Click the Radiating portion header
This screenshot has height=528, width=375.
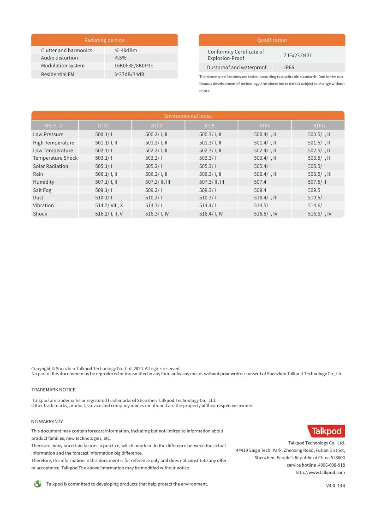click(x=104, y=40)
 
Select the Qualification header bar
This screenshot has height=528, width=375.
click(x=272, y=40)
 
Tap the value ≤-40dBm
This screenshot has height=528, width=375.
click(x=125, y=50)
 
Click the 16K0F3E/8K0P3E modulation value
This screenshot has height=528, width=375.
click(x=134, y=66)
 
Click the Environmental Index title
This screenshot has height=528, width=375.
click(x=188, y=116)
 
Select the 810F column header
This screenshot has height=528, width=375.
click(x=265, y=126)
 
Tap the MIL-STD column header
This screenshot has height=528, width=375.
click(x=54, y=126)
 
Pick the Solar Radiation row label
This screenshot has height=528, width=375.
click(x=50, y=166)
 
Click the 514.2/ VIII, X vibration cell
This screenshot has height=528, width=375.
click(x=109, y=205)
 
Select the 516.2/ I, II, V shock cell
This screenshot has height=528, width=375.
click(x=109, y=214)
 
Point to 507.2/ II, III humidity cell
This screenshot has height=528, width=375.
click(x=158, y=182)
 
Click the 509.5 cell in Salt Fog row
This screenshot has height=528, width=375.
click(x=314, y=190)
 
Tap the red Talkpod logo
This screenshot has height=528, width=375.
click(x=326, y=431)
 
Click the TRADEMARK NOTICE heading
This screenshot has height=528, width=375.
click(x=53, y=390)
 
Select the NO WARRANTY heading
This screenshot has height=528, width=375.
click(x=47, y=421)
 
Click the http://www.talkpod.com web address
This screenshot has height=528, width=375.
click(x=320, y=472)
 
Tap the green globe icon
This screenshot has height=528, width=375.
click(x=37, y=484)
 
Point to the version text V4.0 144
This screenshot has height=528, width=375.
click(x=335, y=486)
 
